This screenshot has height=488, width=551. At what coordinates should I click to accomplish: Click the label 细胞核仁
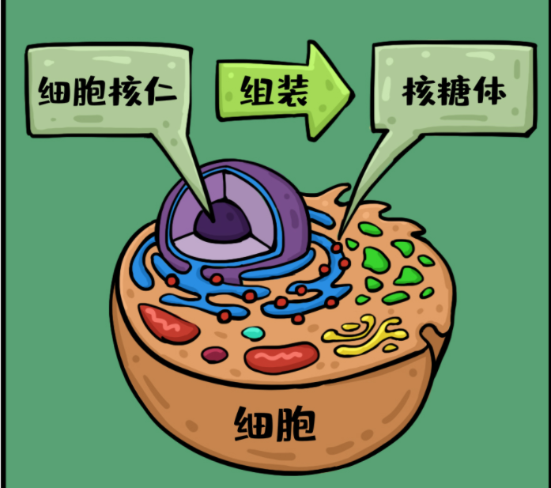tap(108, 92)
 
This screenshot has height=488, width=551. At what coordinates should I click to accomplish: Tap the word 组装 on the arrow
tap(274, 91)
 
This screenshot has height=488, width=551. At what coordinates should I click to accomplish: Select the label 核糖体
tap(454, 92)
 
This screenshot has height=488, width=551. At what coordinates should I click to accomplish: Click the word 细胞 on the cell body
tap(275, 423)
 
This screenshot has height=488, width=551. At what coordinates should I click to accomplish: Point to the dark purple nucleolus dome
tap(222, 221)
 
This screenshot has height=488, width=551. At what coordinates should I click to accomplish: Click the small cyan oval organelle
tap(253, 333)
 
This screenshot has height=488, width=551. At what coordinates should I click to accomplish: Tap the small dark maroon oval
tap(214, 354)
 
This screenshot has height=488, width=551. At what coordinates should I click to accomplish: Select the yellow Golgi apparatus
tap(365, 335)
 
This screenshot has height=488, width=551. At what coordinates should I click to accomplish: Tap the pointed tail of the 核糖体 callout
tap(339, 237)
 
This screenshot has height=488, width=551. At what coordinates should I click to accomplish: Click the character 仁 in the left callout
tap(161, 91)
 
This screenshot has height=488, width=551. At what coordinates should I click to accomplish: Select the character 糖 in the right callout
tap(454, 92)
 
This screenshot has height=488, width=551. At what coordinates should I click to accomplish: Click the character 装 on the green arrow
tap(292, 91)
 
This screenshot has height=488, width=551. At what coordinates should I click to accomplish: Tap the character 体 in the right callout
tap(489, 92)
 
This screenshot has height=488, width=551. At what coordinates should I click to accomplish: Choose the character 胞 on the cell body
tap(296, 423)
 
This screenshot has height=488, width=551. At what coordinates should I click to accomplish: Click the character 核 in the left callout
tap(125, 92)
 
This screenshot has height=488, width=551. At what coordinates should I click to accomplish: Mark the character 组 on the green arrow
tap(257, 91)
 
